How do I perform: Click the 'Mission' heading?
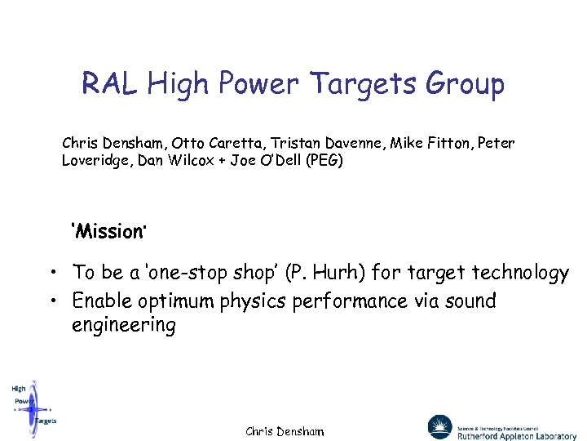coord(109,232)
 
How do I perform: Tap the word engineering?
coord(124,326)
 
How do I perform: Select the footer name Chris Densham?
coord(285,431)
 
